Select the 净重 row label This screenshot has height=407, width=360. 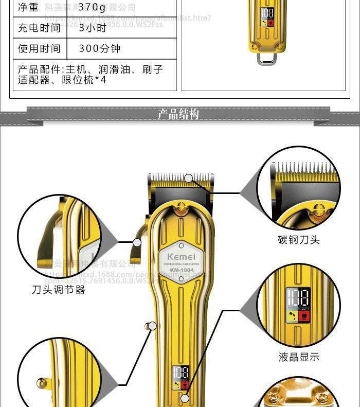29,8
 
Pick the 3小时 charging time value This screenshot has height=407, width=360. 93,28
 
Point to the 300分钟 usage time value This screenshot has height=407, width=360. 100,48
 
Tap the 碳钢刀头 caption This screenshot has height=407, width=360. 299,240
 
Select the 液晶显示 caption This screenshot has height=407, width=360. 299,357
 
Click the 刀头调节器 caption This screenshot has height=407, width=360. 59,290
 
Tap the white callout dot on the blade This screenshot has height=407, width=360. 189,179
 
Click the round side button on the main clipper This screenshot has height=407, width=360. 151,325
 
